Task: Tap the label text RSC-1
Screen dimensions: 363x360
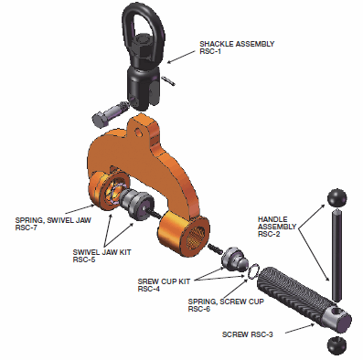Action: [210, 51]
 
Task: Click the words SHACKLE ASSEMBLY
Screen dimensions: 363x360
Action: [237, 44]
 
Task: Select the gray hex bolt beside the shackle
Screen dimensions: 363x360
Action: [109, 115]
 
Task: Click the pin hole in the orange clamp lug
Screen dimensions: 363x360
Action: [140, 132]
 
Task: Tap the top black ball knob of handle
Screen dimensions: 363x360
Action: [337, 197]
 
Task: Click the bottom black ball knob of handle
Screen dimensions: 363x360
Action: [337, 346]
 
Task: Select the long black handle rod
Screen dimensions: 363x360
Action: [336, 254]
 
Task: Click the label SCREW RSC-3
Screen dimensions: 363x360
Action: [248, 334]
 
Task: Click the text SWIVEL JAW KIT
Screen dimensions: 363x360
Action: [101, 252]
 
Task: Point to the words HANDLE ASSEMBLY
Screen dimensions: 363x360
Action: [277, 223]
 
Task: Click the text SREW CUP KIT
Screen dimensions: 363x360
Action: [164, 281]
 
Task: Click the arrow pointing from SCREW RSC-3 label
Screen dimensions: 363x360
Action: [300, 328]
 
